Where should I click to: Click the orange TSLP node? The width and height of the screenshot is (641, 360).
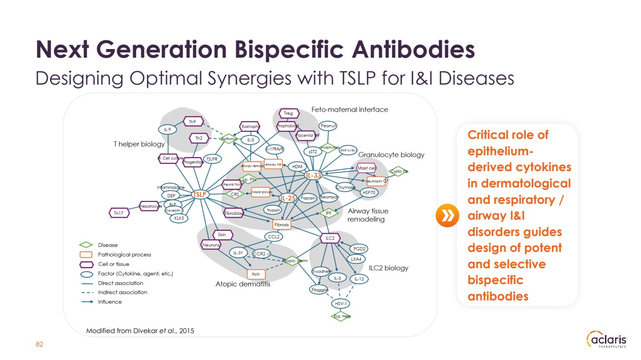(199, 194)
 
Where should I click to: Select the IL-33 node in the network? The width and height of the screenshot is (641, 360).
(314, 176)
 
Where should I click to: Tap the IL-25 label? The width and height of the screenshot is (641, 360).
(288, 198)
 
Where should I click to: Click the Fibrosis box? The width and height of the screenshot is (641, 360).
(281, 224)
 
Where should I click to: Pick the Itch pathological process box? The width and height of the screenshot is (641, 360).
(256, 274)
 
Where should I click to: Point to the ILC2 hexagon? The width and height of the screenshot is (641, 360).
(330, 238)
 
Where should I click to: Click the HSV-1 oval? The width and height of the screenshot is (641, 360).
(340, 303)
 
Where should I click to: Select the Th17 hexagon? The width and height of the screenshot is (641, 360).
(119, 212)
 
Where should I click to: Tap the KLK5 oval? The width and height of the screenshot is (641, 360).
(179, 218)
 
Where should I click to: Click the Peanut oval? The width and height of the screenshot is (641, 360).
(329, 126)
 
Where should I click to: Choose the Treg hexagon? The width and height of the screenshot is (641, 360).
(289, 113)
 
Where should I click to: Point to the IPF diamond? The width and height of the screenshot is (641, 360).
(329, 213)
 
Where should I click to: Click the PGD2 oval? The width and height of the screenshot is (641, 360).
(359, 248)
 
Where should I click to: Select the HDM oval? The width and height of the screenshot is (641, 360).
(298, 167)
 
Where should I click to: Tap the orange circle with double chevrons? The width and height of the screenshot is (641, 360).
(445, 216)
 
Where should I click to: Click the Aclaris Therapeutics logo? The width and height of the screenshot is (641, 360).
(607, 340)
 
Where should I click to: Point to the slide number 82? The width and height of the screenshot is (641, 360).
(40, 344)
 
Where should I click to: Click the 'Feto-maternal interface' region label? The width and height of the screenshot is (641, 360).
(350, 110)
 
